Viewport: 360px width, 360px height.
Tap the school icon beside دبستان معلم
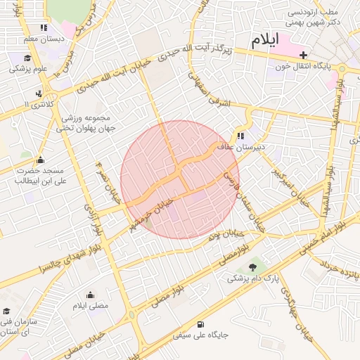[44, 28]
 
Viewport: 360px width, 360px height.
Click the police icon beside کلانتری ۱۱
[39, 93]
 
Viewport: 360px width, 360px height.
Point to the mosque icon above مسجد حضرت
[40, 160]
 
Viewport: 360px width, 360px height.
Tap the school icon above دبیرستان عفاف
[241, 136]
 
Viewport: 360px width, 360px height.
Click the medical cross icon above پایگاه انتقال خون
[304, 54]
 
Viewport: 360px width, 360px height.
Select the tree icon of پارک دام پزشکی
[252, 267]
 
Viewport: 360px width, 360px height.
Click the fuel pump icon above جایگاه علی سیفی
[202, 324]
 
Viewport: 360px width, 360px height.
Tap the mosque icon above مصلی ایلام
[90, 295]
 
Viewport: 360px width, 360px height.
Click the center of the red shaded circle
[180, 179]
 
